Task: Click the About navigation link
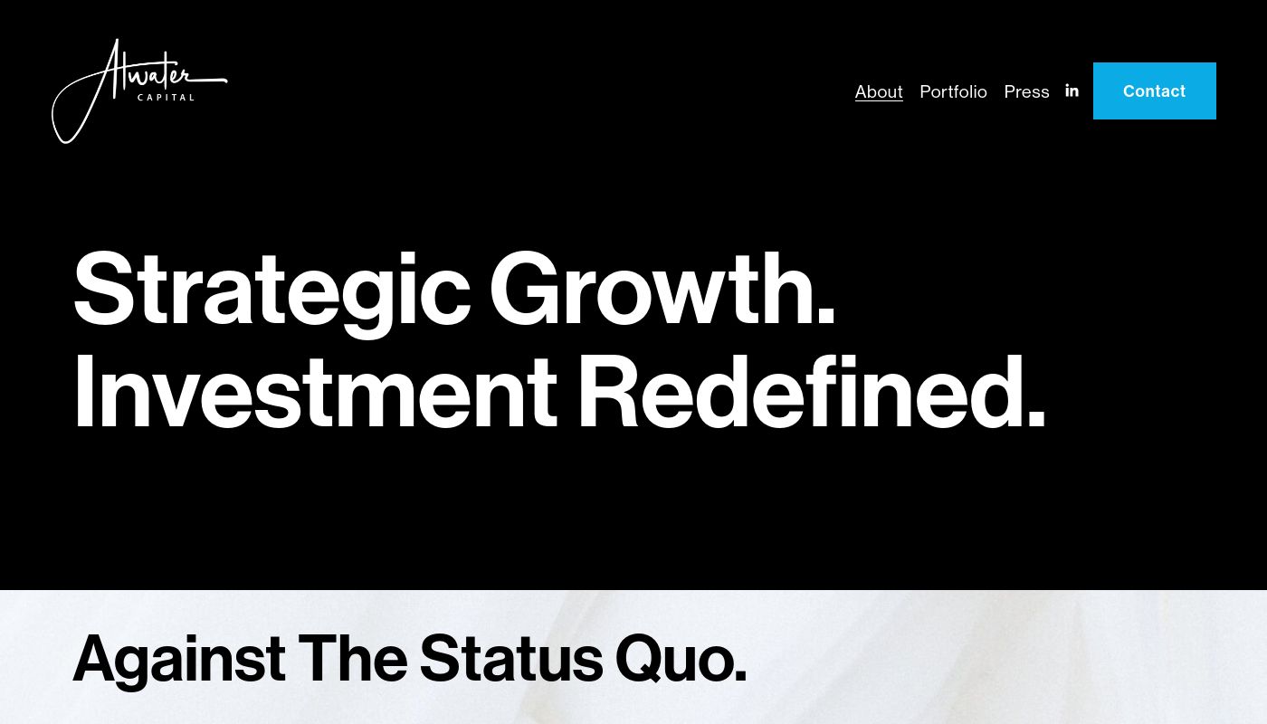coord(879,91)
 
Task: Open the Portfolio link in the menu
coord(953,91)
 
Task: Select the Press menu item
coord(1026,91)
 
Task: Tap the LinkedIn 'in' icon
coord(1072,90)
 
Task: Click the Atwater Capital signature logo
coord(139,90)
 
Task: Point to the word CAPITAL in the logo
coord(166,98)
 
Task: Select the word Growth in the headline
coord(662,289)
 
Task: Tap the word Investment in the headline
coord(316,391)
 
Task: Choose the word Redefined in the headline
coord(811,391)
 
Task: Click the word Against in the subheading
coord(179,660)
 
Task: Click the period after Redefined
coord(1035,418)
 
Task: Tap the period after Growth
coord(826,316)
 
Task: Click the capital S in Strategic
coord(104,289)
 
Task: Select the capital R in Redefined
coord(607,391)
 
